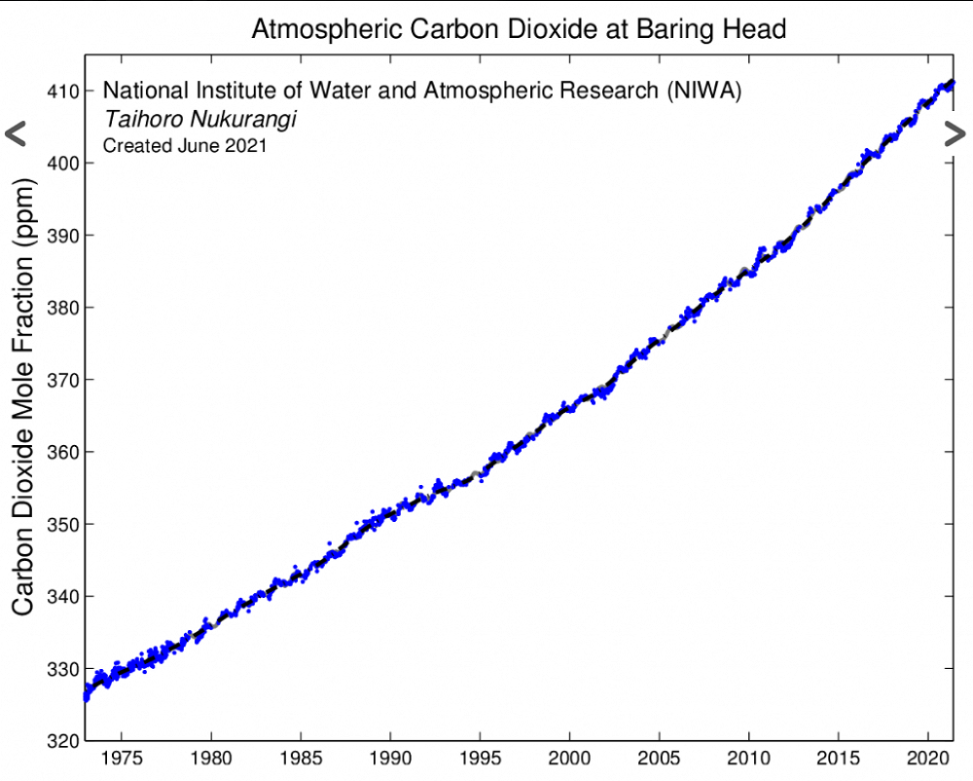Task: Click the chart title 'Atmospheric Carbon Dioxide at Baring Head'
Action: click(518, 29)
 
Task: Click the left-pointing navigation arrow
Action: click(15, 134)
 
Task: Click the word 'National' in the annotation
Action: click(139, 92)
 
